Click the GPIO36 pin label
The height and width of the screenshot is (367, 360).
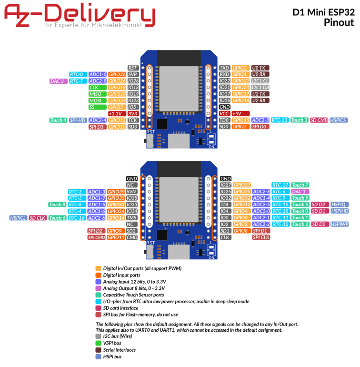point(117,74)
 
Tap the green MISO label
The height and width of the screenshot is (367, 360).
point(97,94)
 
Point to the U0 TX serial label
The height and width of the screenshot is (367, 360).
point(260,68)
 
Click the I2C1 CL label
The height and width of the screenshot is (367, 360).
point(260,81)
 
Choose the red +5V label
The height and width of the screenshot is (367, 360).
point(240,113)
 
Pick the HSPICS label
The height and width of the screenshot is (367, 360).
point(339,120)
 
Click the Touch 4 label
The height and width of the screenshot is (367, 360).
point(59,120)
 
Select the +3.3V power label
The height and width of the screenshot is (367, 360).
point(117,114)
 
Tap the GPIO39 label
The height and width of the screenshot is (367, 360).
point(116,192)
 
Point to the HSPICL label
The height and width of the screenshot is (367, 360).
point(18,218)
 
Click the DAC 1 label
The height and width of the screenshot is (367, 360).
point(300,192)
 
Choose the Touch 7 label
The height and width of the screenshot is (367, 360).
point(300,185)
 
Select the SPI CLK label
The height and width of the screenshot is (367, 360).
point(261,237)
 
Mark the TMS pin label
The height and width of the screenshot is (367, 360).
point(132,218)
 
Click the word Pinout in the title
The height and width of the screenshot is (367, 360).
point(339,22)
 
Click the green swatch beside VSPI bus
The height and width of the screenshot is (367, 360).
point(98,343)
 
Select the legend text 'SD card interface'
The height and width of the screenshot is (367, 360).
point(120,308)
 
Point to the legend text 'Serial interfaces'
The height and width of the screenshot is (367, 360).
point(120,350)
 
